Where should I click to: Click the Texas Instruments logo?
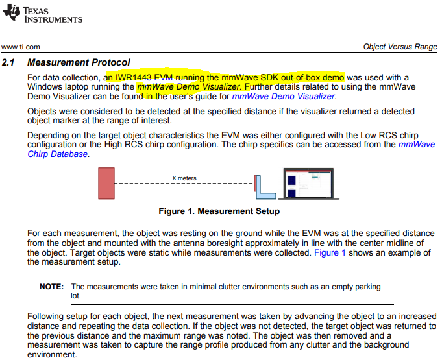coord(43,14)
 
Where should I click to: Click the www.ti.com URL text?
coord(21,47)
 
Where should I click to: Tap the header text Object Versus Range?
coord(400,47)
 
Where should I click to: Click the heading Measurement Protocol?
coord(79,63)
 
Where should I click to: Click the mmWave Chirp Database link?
coord(57,154)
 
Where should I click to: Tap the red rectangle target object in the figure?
coord(106,184)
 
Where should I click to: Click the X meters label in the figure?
coord(184,178)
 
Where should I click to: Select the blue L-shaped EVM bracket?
coord(264,187)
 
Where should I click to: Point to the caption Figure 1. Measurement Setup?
coord(219,211)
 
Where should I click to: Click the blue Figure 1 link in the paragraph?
coord(330,252)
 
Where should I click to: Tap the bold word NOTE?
coord(51,286)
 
